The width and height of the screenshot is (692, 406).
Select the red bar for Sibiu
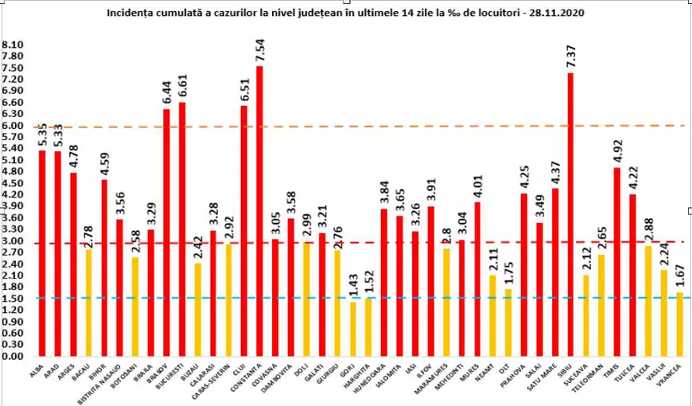(x=570, y=215)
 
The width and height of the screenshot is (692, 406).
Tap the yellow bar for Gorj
(x=352, y=329)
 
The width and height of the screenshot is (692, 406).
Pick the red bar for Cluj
(x=244, y=231)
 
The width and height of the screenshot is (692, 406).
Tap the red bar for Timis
(x=617, y=262)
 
